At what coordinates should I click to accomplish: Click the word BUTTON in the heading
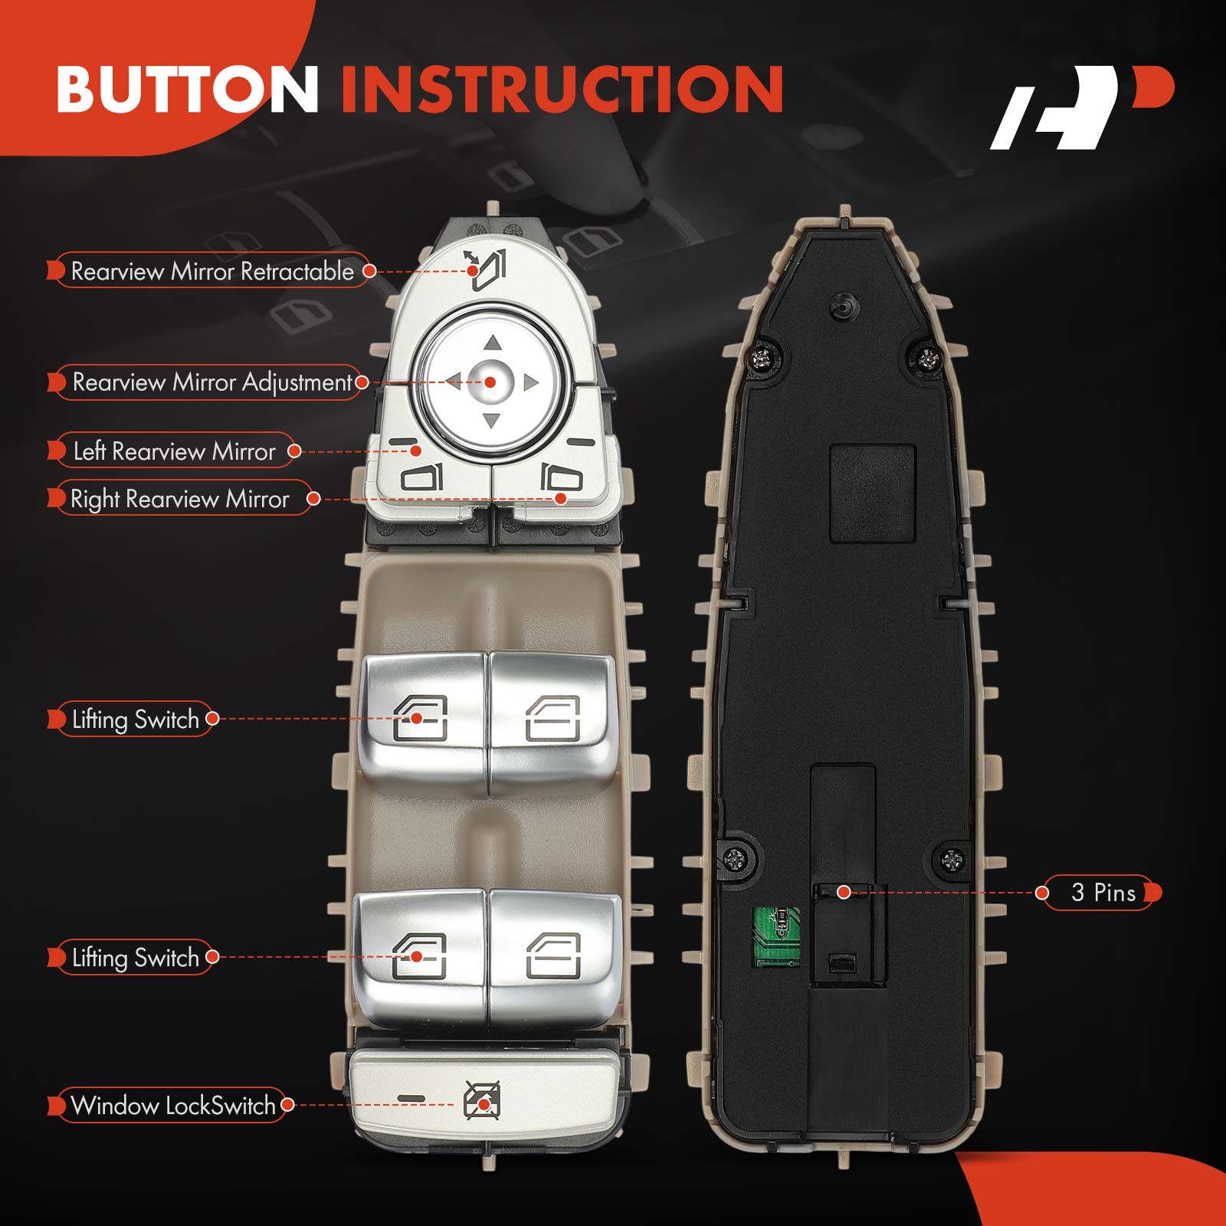[187, 89]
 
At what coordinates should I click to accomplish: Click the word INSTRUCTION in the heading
[562, 89]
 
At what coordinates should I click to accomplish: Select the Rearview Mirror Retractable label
[211, 271]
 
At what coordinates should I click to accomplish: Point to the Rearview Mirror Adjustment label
[211, 382]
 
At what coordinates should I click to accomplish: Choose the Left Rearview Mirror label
[174, 451]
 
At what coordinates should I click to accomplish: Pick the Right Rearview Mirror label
[180, 499]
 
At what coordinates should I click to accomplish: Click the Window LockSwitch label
[172, 1105]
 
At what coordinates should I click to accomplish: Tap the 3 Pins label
[1103, 893]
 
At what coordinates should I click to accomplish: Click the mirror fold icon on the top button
[486, 270]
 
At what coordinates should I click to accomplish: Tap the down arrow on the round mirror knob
[491, 420]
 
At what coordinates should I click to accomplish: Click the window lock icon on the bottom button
[483, 1101]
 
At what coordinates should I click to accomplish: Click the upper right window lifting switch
[552, 720]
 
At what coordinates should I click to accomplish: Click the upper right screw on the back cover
[929, 357]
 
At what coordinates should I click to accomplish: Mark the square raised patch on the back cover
[873, 493]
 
